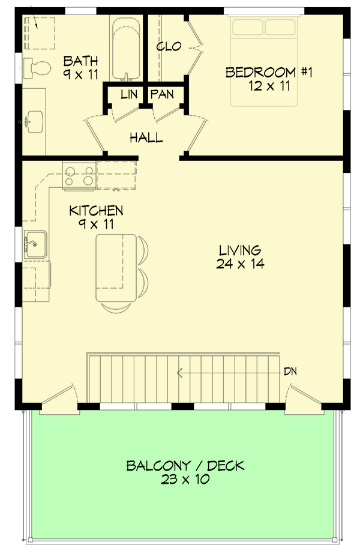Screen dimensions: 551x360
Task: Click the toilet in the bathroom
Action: (37, 67)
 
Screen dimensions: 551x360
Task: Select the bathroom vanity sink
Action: (34, 119)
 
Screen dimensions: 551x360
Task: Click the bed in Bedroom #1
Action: (269, 60)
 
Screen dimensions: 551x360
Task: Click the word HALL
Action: (146, 138)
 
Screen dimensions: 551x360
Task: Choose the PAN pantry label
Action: (162, 94)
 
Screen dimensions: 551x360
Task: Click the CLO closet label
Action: (169, 47)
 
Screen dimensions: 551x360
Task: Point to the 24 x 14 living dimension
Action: (239, 263)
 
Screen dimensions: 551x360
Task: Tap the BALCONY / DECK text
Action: (185, 466)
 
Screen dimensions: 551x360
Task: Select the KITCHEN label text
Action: (96, 211)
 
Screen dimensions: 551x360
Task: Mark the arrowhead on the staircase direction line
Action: (179, 373)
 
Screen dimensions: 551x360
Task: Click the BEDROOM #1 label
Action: (269, 73)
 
